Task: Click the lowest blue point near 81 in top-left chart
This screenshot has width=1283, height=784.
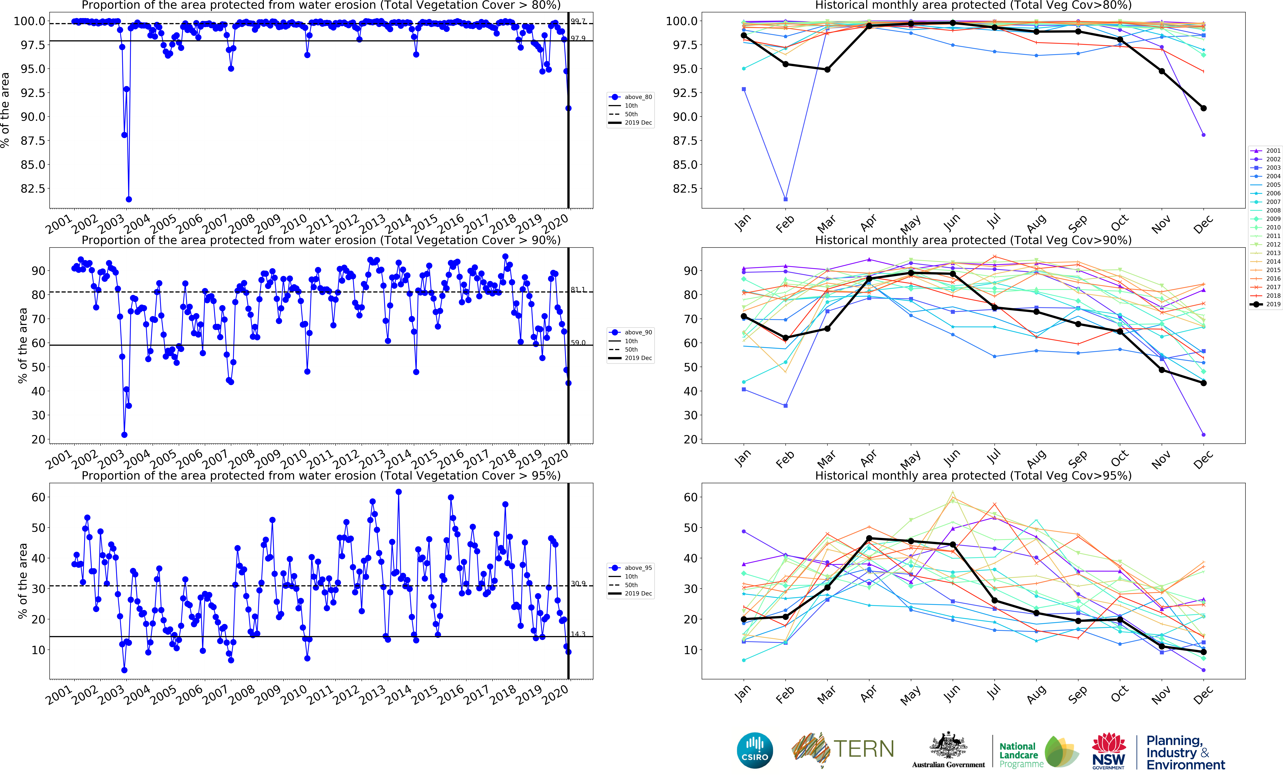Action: tap(129, 199)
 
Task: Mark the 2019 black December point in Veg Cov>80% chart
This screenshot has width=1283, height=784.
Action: tap(1203, 108)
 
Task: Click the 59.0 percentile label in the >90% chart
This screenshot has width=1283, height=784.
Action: tap(578, 343)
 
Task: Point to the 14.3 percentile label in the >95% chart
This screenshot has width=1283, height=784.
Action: tap(578, 634)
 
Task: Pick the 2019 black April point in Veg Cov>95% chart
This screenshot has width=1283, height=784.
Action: tap(869, 538)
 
